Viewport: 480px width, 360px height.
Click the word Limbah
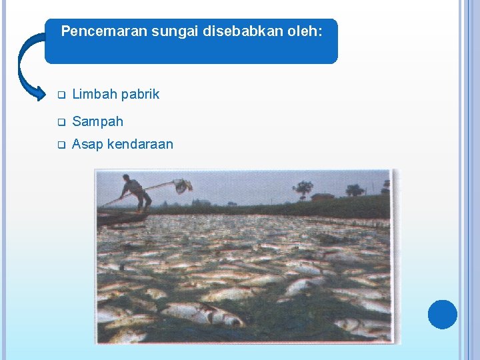coord(93,94)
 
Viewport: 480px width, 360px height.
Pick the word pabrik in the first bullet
coord(139,94)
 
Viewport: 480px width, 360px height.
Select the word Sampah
coord(97,122)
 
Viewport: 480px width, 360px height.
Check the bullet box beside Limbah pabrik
coord(60,95)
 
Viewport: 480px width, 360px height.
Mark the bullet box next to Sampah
coord(60,122)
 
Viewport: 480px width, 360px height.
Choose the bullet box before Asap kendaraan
coord(60,145)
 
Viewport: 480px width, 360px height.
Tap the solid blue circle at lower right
coord(443,314)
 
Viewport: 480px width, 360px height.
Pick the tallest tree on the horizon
coord(303,188)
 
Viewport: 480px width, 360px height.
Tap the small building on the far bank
coord(322,196)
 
